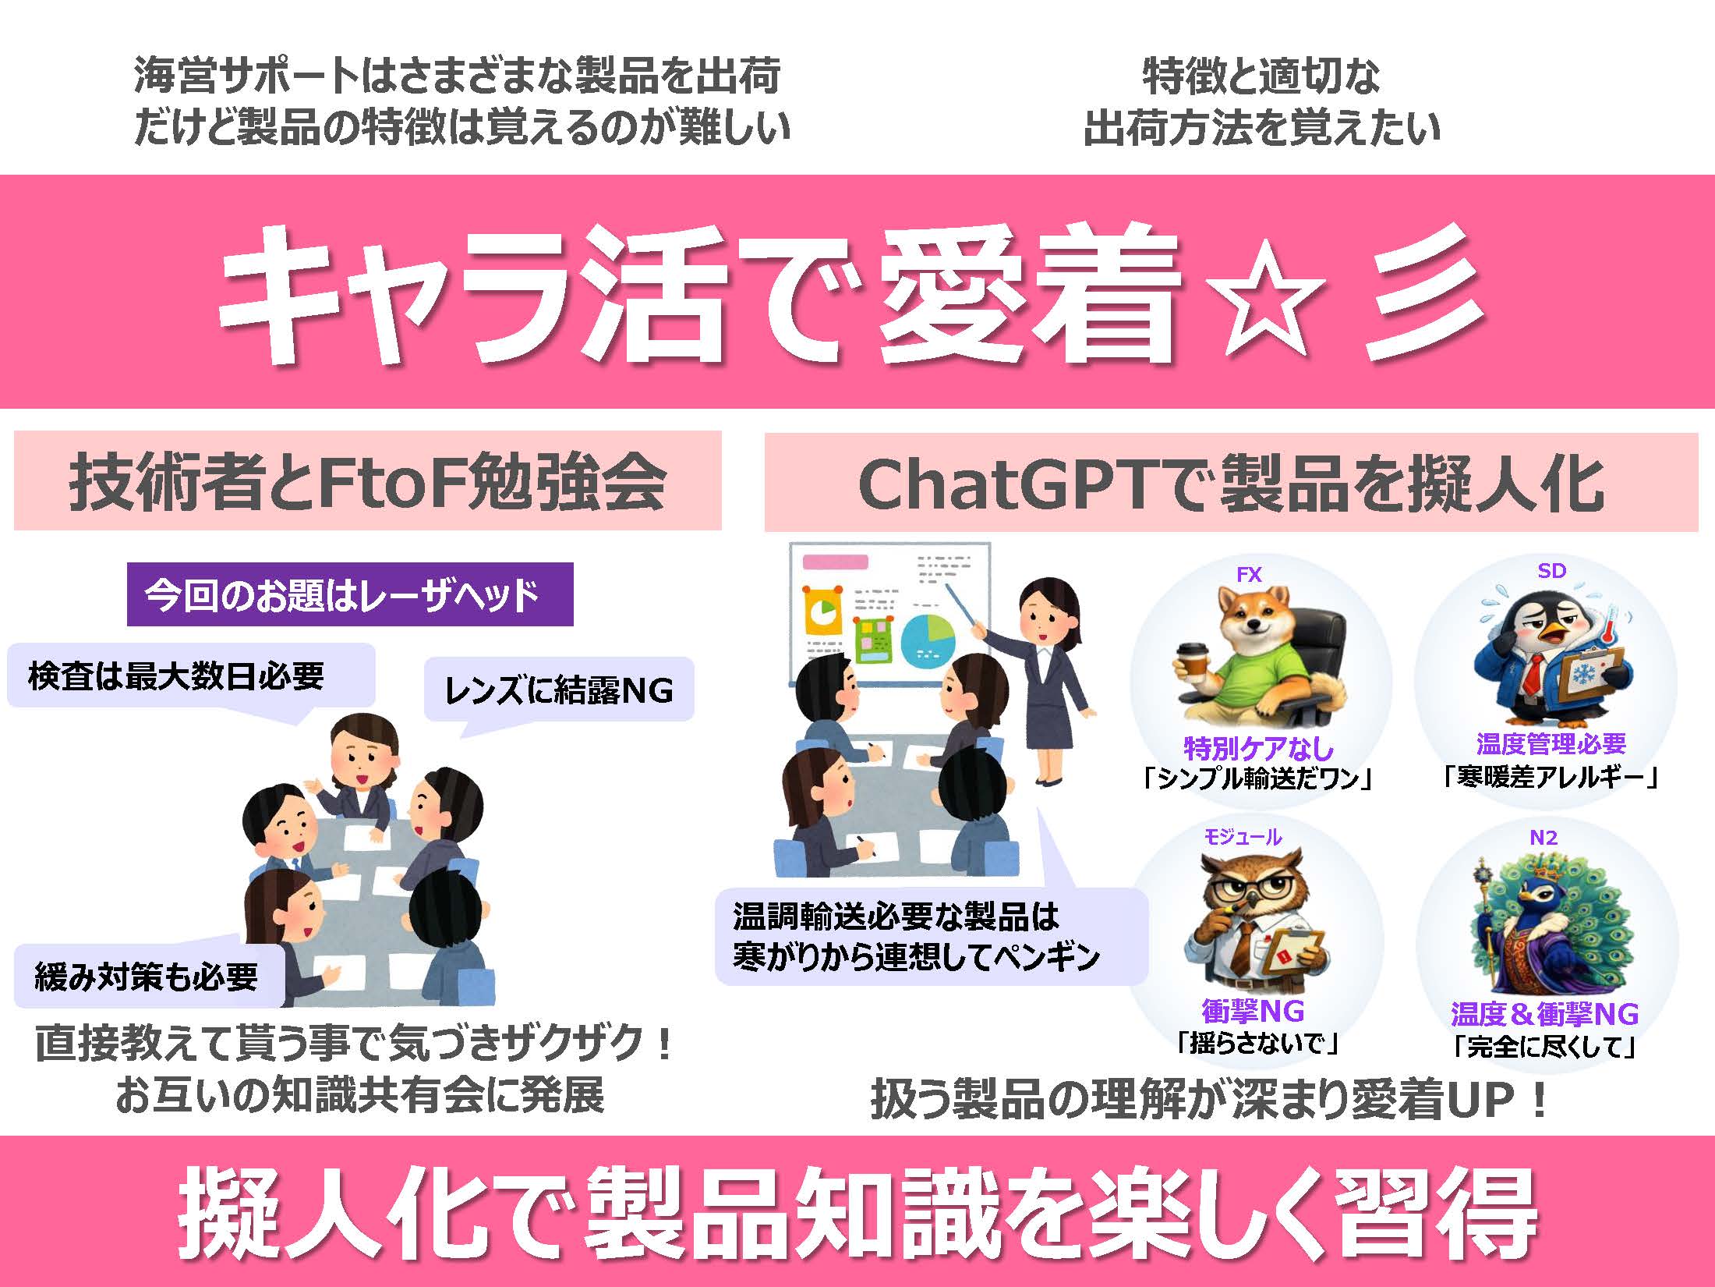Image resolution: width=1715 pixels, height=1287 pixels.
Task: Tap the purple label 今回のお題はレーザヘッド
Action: point(350,594)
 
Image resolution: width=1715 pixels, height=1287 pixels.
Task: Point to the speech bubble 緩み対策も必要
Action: point(148,975)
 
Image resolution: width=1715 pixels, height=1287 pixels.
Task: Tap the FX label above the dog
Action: point(1249,575)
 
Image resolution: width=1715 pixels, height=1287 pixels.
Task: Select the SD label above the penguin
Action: point(1551,571)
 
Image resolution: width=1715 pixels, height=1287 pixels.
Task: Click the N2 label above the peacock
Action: point(1543,838)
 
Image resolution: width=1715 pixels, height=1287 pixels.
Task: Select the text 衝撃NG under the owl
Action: point(1253,1011)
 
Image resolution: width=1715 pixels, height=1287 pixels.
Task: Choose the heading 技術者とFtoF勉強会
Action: point(367,483)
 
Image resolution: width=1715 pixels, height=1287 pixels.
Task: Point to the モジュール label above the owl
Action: point(1243,837)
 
